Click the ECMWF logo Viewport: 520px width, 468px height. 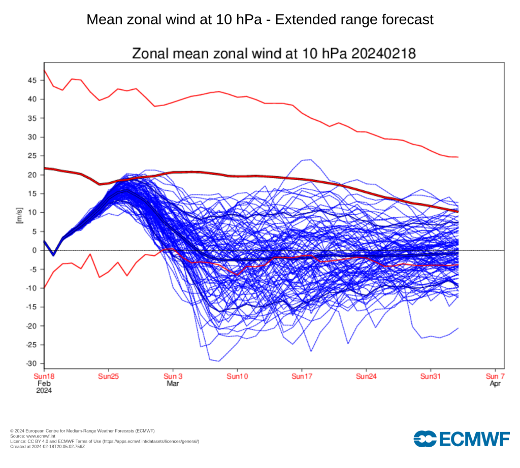coord(461,439)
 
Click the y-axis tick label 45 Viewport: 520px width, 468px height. coord(32,81)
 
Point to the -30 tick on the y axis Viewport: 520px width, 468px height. coord(31,363)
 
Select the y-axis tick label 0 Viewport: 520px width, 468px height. coord(35,251)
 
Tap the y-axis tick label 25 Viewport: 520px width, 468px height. coord(32,156)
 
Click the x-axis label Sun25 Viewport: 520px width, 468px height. coord(109,377)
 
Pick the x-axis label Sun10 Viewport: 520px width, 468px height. coord(237,377)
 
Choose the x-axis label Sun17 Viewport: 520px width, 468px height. coord(302,377)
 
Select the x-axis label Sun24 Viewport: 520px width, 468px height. coord(366,377)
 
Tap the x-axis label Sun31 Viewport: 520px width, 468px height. coord(431,377)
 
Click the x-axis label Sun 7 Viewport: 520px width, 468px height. coord(495,377)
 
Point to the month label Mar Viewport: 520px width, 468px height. coord(173,384)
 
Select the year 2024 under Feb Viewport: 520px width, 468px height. coord(44,391)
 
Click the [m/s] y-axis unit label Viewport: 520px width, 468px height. coord(20,215)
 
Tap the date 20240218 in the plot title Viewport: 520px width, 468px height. coord(383,54)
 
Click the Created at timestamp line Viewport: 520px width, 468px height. coord(47,447)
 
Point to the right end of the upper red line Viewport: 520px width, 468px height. coord(458,157)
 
